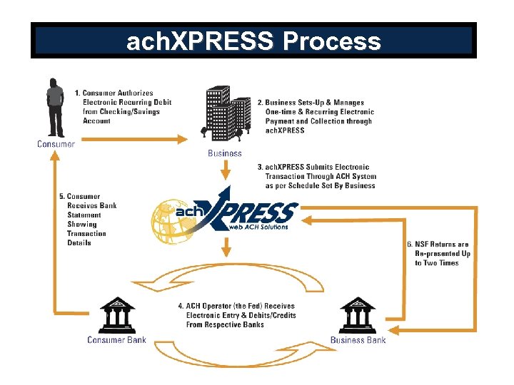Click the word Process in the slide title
pyautogui.click(x=331, y=41)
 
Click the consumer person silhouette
pyautogui.click(x=55, y=107)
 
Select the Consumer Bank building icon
pyautogui.click(x=117, y=315)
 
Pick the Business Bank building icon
pyautogui.click(x=358, y=315)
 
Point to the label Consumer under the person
pyautogui.click(x=56, y=144)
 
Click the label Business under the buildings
pyautogui.click(x=225, y=153)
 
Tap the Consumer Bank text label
pyautogui.click(x=116, y=340)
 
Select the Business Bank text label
pyautogui.click(x=358, y=340)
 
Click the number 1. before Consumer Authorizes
pyautogui.click(x=78, y=93)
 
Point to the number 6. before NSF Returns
pyautogui.click(x=410, y=245)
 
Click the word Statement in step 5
pyautogui.click(x=85, y=215)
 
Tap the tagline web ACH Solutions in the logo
pyautogui.click(x=258, y=227)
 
